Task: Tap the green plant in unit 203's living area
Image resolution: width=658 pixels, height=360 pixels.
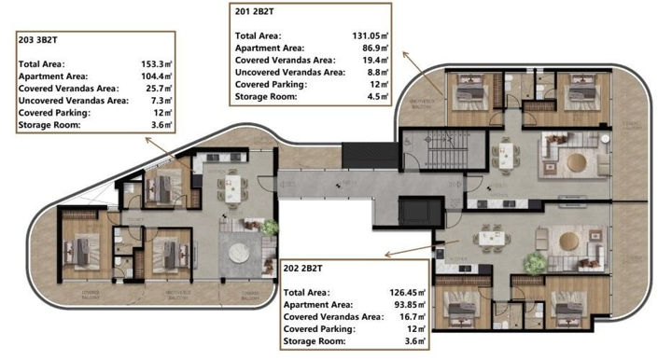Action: coord(269,227)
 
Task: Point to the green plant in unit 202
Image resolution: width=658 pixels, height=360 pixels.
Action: coord(536,264)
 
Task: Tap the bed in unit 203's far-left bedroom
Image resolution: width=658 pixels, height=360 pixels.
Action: coord(79,251)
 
